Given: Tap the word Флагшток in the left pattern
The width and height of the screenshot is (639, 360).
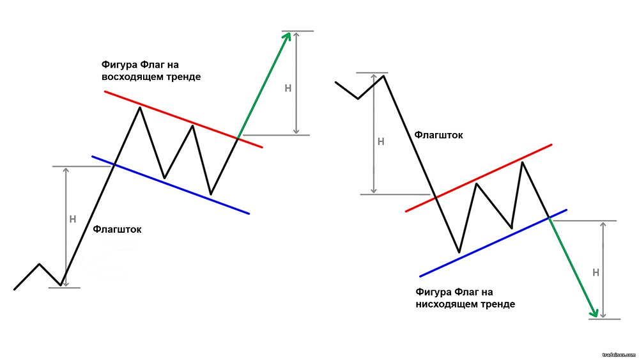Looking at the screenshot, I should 117,229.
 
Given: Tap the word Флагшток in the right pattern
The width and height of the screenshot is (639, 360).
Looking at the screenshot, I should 438,135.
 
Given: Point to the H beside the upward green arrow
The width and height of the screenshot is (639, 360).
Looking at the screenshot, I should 288,88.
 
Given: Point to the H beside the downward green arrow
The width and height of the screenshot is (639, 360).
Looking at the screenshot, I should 596,272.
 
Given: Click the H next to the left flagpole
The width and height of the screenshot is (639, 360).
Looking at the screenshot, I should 72,219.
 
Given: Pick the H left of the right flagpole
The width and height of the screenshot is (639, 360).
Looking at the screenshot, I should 381,141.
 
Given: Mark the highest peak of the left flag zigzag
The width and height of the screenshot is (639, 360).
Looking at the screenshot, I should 140,107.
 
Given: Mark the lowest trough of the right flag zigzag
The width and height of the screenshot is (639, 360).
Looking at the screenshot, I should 459,251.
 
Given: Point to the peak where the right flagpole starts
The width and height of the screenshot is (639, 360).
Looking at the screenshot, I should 384,76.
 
